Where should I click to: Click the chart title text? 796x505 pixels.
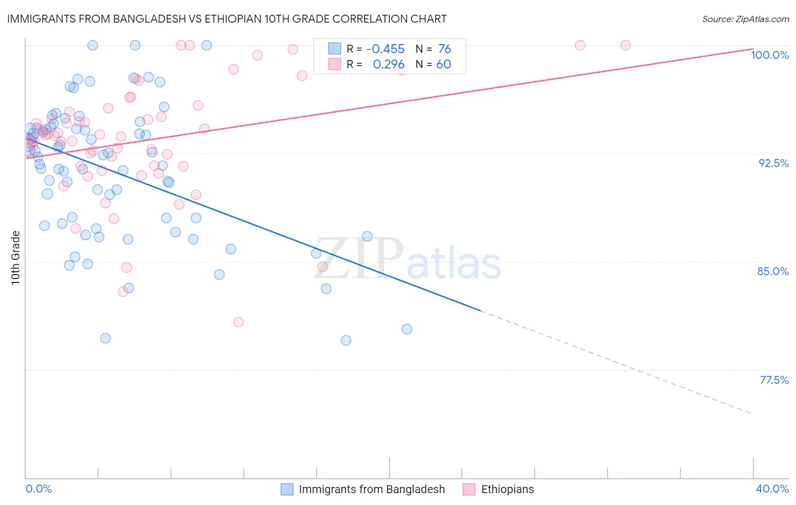tap(227, 19)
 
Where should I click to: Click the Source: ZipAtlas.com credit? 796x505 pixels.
tap(745, 19)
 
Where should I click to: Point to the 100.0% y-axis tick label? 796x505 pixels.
tap(769, 55)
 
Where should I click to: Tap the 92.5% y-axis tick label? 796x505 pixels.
tap(773, 163)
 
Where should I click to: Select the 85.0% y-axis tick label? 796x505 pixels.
tap(773, 271)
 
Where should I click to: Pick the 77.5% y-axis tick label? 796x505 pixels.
tap(774, 380)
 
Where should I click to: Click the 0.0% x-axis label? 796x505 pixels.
tap(39, 489)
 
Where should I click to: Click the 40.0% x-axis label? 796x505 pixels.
tap(772, 489)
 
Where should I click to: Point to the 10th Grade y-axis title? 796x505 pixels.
tap(16, 258)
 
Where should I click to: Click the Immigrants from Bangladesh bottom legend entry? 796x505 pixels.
tap(371, 490)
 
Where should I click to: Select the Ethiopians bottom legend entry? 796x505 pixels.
tap(507, 490)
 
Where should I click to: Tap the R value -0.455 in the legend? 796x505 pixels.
tap(385, 49)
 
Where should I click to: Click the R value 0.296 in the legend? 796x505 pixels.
tap(388, 65)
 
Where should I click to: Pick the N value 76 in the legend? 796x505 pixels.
tap(444, 49)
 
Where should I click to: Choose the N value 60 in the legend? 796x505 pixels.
tap(443, 65)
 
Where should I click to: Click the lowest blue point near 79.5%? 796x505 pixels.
tap(346, 340)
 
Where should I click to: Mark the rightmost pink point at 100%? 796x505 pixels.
tap(626, 45)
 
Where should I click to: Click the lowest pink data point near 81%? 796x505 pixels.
tap(238, 322)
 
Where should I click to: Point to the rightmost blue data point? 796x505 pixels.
tap(406, 329)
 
